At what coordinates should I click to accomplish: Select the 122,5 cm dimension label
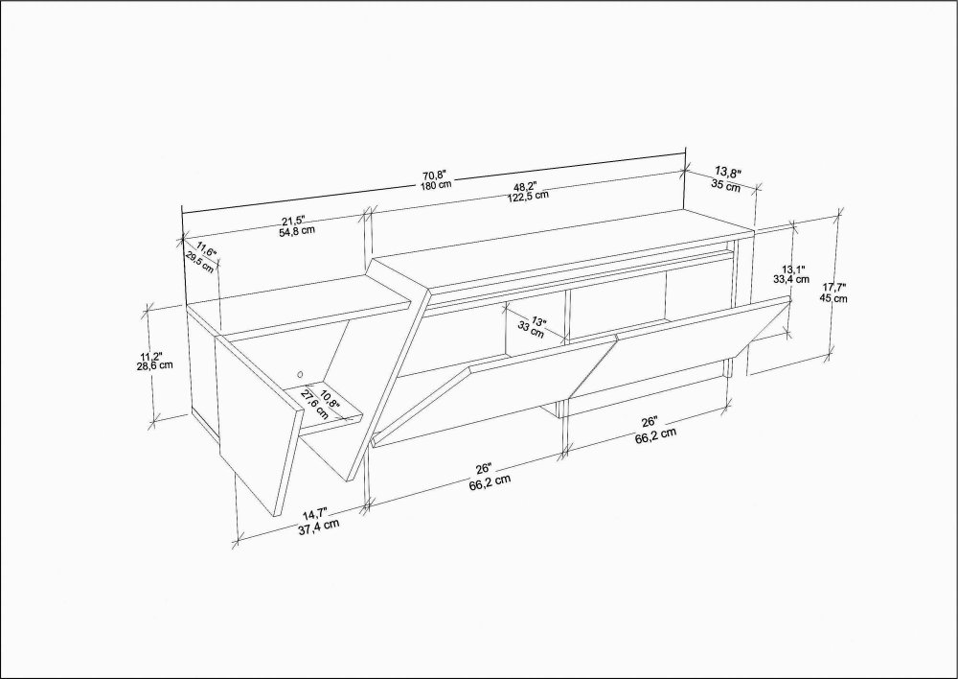tap(528, 195)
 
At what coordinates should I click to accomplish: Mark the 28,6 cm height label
tap(155, 365)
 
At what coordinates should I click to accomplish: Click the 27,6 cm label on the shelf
tap(313, 405)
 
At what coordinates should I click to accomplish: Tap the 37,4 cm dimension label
tap(319, 527)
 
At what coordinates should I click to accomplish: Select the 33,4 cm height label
tap(791, 279)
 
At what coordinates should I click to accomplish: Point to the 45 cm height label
tap(834, 298)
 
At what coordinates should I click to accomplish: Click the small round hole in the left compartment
tap(300, 373)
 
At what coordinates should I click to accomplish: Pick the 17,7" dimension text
tap(834, 287)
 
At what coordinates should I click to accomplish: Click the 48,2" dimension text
tap(525, 185)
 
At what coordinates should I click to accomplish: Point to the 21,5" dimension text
tap(292, 221)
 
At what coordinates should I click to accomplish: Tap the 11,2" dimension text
tap(151, 356)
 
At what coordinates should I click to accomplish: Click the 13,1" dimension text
tap(793, 269)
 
